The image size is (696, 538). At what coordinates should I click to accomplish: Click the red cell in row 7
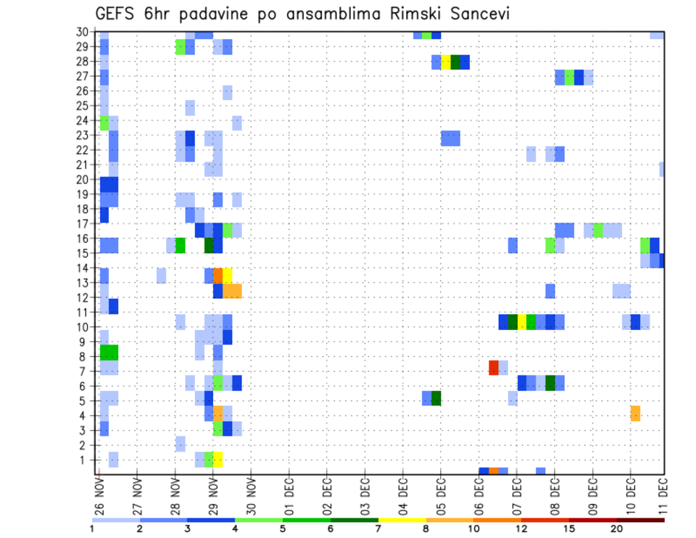coord(494,368)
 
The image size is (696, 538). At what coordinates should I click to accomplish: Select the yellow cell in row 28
coord(446,62)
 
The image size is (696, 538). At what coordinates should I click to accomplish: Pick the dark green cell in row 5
coord(436,398)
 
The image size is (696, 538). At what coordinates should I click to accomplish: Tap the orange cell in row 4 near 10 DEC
coord(635,413)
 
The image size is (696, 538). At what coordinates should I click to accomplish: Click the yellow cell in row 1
coord(217,460)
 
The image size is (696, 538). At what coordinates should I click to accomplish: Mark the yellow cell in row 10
coord(522,322)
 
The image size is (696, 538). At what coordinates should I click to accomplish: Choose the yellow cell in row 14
coord(228,275)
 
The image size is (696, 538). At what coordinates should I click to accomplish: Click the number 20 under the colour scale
coord(617,529)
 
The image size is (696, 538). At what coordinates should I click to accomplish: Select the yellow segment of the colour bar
coord(402,519)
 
